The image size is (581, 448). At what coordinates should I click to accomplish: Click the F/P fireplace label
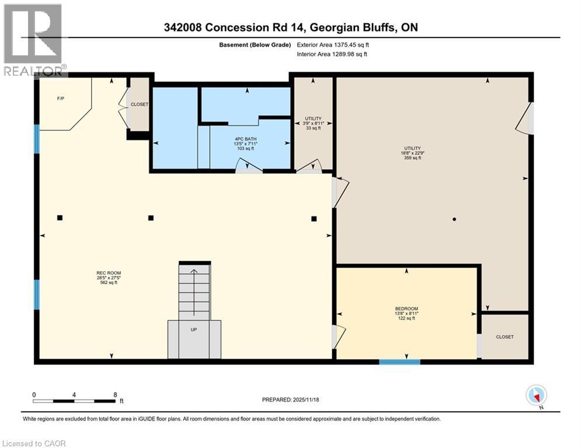pyautogui.click(x=61, y=99)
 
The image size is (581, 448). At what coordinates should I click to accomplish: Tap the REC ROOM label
pyautogui.click(x=109, y=273)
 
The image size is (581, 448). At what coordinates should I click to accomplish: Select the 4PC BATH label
pyautogui.click(x=246, y=139)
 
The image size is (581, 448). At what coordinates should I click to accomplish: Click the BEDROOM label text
pyautogui.click(x=406, y=309)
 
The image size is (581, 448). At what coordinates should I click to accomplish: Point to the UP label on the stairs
pyautogui.click(x=194, y=330)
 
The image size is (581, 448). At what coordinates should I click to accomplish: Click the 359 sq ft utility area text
pyautogui.click(x=413, y=157)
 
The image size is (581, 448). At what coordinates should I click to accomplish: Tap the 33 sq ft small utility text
pyautogui.click(x=314, y=128)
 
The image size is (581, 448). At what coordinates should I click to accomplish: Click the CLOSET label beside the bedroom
pyautogui.click(x=505, y=337)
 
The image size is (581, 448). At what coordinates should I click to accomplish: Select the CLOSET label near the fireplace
pyautogui.click(x=140, y=104)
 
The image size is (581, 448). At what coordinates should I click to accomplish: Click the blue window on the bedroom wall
pyautogui.click(x=399, y=362)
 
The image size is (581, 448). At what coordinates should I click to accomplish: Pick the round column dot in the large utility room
pyautogui.click(x=454, y=219)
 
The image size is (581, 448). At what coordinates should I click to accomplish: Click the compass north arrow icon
pyautogui.click(x=537, y=395)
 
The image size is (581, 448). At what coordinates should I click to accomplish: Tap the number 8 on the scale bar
pyautogui.click(x=115, y=395)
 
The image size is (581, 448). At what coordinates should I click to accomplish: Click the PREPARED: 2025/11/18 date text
pyautogui.click(x=291, y=400)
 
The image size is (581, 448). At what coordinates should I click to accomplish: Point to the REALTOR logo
pyautogui.click(x=33, y=40)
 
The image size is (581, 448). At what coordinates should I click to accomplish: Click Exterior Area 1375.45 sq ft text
pyautogui.click(x=333, y=45)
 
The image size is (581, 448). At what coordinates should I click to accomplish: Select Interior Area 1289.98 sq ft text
pyautogui.click(x=332, y=54)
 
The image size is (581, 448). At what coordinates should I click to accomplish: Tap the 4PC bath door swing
pyautogui.click(x=250, y=165)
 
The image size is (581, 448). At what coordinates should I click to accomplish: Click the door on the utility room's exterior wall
pyautogui.click(x=526, y=118)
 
